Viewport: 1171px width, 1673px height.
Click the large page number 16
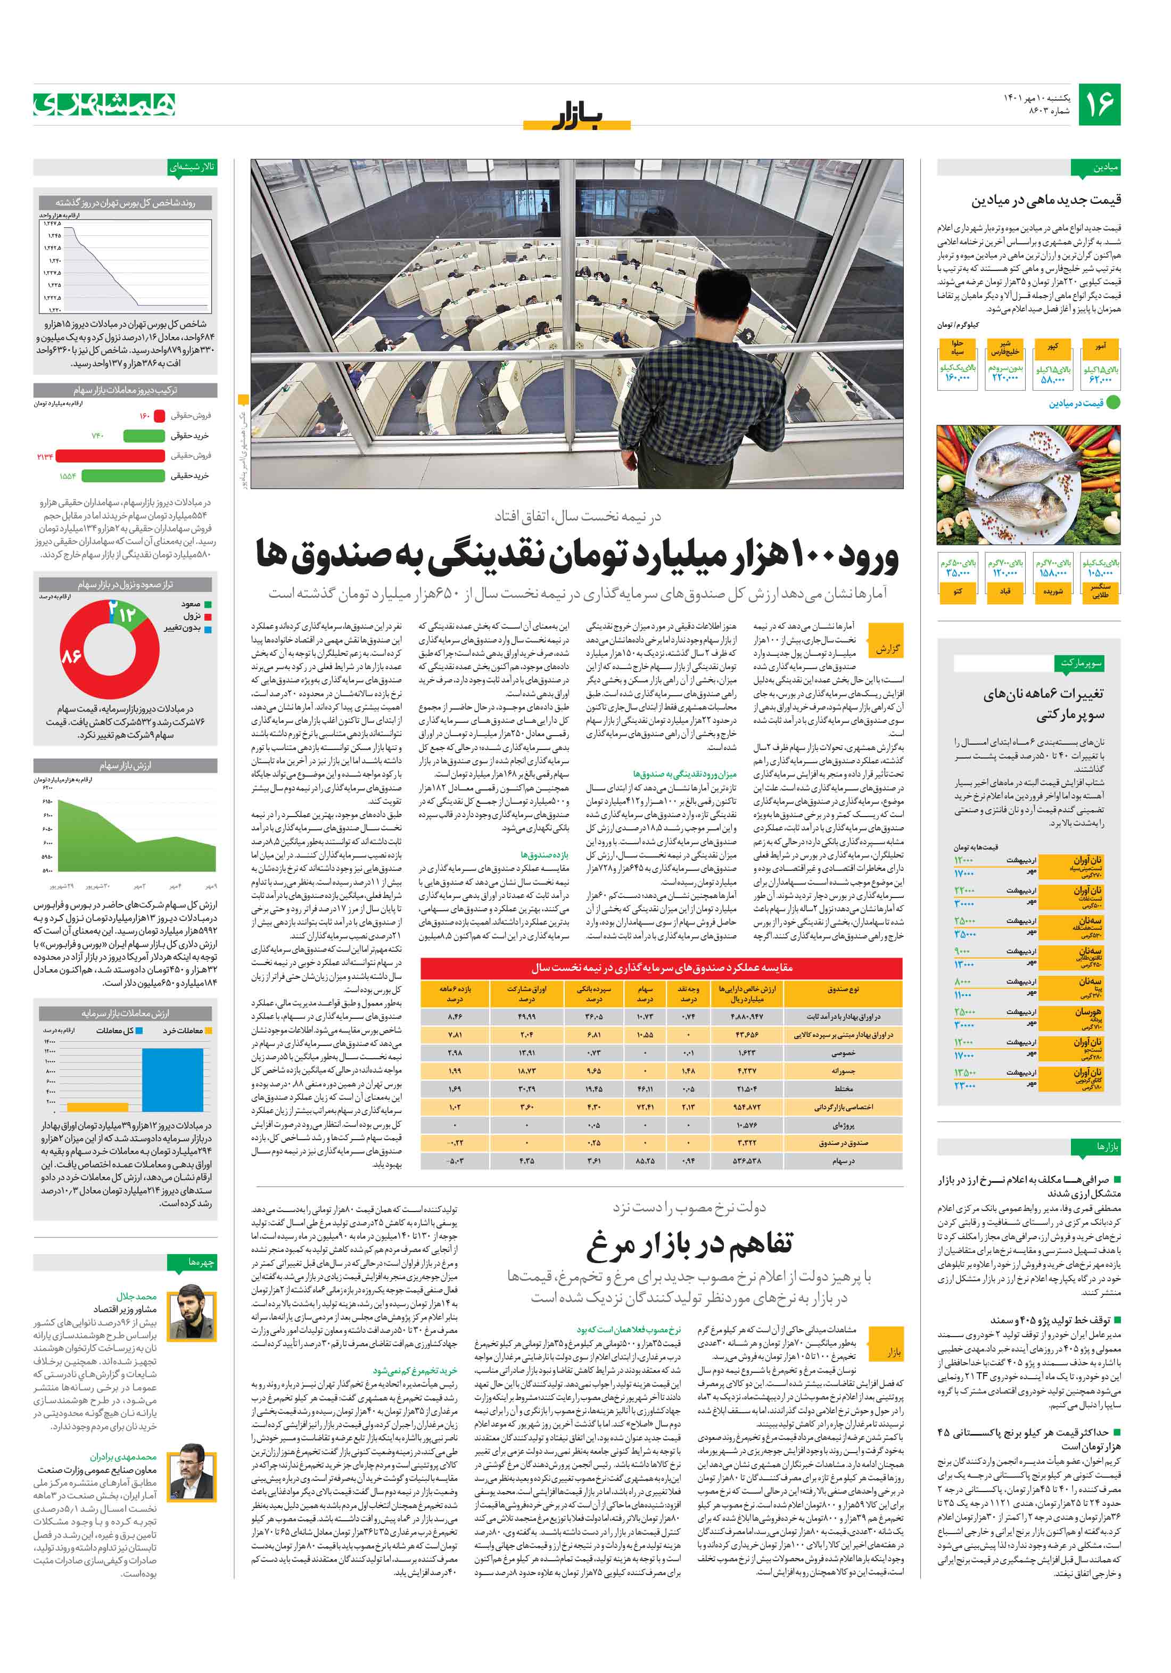pyautogui.click(x=1098, y=104)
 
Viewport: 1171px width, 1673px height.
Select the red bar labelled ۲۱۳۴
pyautogui.click(x=109, y=456)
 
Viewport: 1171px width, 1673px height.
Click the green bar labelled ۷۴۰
pyautogui.click(x=144, y=436)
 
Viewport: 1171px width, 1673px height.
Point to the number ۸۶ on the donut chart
pyautogui.click(x=71, y=656)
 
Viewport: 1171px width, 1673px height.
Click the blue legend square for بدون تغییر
pyautogui.click(x=208, y=628)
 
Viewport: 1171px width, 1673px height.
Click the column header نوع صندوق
pyautogui.click(x=843, y=989)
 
